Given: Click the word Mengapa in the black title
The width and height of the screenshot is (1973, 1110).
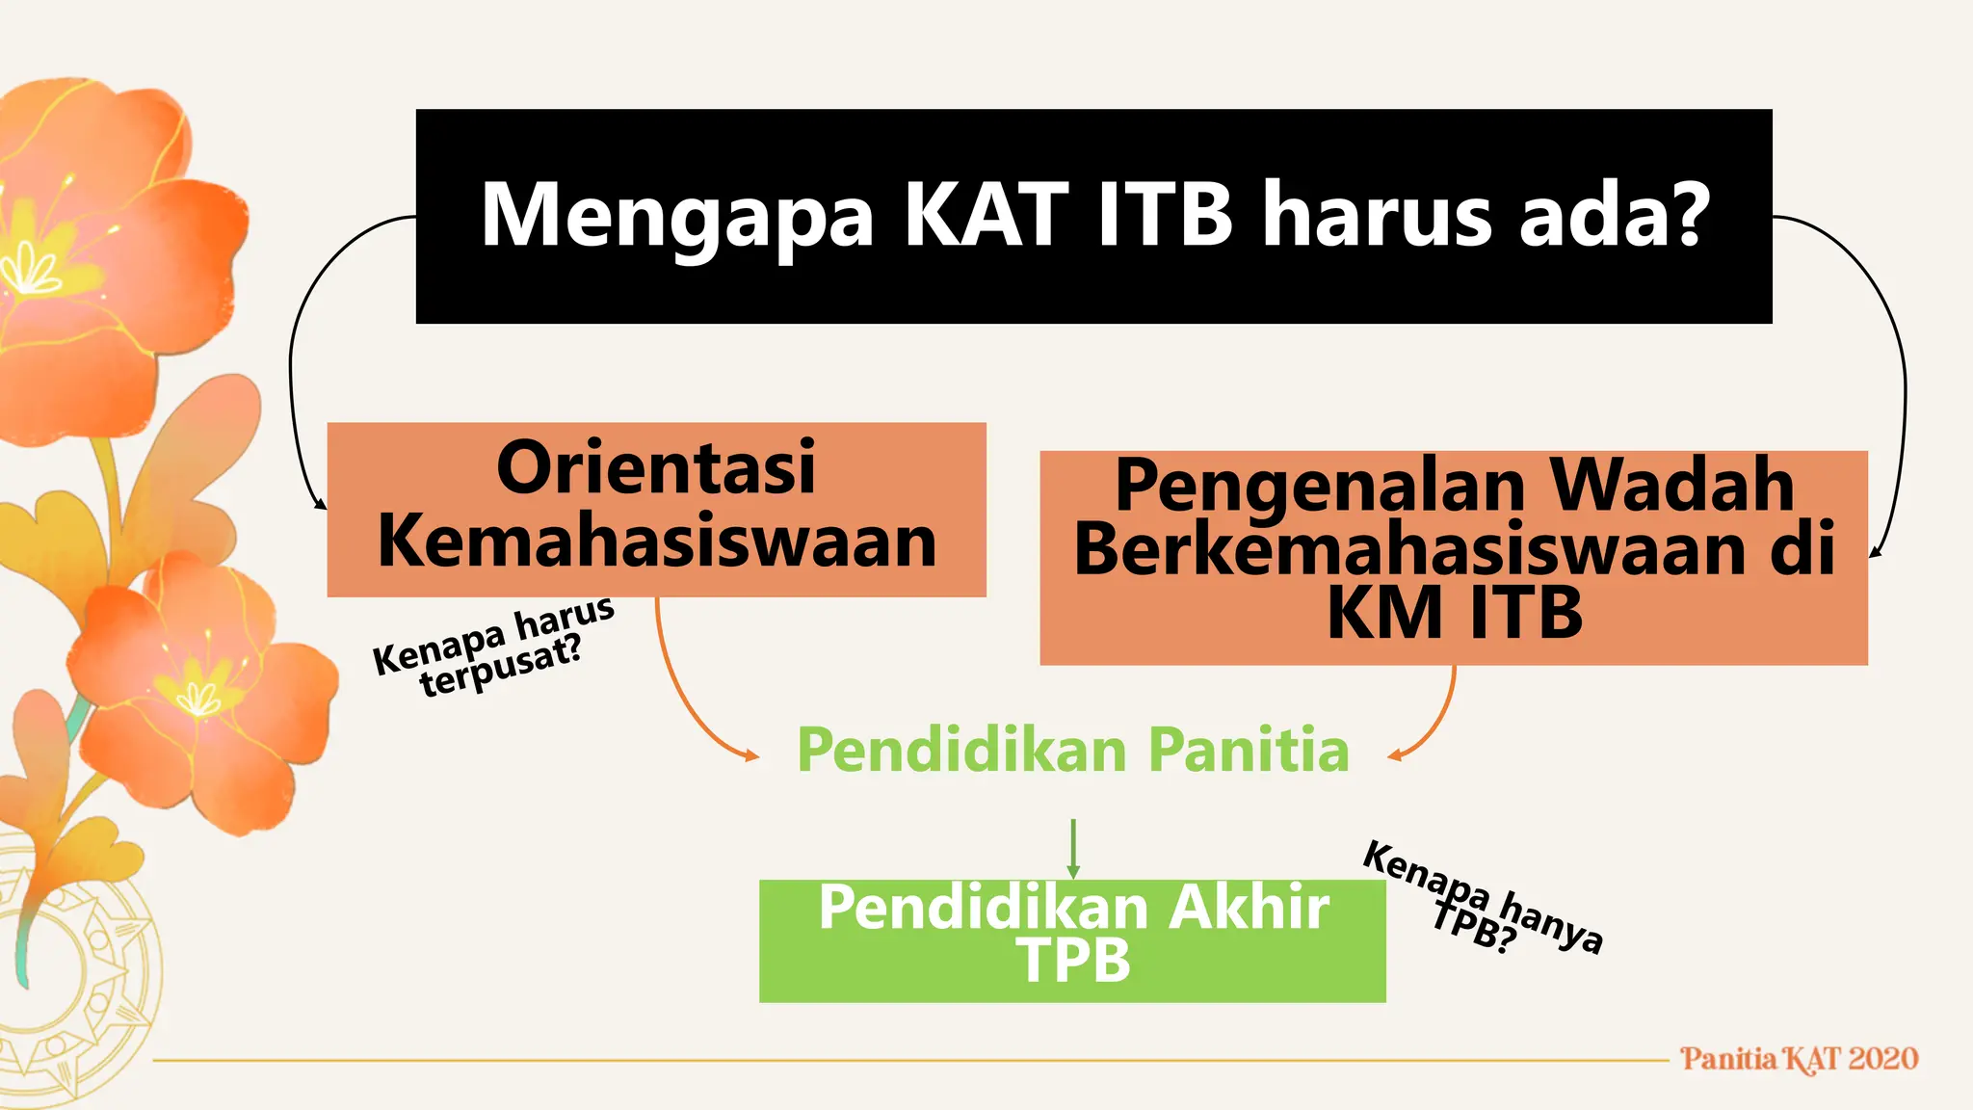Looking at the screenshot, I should [676, 218].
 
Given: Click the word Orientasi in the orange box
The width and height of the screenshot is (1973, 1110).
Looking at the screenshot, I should [656, 468].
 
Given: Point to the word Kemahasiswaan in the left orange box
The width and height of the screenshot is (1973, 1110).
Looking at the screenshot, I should [657, 542].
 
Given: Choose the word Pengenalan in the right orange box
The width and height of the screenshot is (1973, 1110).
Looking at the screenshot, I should [1320, 488].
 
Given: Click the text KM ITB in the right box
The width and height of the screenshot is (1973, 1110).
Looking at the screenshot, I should [1454, 614].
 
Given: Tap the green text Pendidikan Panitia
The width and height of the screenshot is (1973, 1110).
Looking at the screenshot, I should [1072, 751].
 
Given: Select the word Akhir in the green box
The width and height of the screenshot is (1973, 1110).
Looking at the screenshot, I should [1249, 908].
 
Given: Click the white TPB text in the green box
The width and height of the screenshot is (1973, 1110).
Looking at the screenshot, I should [1072, 961].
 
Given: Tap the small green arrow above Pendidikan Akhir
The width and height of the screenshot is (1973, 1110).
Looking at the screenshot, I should [1072, 848].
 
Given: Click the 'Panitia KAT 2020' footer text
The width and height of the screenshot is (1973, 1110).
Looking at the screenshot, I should [1799, 1059].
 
